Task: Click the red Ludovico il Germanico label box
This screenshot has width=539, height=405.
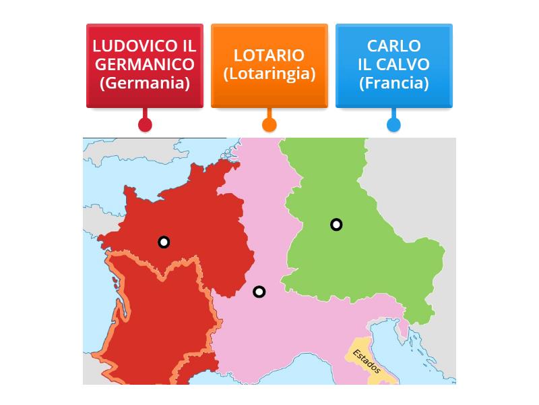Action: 144,65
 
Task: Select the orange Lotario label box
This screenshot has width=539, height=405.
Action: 269,65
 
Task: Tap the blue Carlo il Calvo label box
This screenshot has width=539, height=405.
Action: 393,65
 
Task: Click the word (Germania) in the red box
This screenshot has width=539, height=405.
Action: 144,83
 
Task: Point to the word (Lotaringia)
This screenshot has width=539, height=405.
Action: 269,74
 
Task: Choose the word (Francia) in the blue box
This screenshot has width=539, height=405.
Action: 393,83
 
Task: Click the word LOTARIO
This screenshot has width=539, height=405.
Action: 269,55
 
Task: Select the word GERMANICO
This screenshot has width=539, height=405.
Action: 144,64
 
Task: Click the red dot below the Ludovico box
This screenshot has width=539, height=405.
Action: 144,124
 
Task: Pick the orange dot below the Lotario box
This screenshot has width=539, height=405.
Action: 269,124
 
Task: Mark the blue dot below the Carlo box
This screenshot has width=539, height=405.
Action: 393,124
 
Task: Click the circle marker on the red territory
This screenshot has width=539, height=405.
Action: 164,242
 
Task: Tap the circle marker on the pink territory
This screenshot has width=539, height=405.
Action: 259,292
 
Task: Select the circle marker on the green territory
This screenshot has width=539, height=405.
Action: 336,225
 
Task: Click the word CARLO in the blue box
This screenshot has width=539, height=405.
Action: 393,46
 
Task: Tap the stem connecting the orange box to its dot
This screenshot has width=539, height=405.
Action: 269,113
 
